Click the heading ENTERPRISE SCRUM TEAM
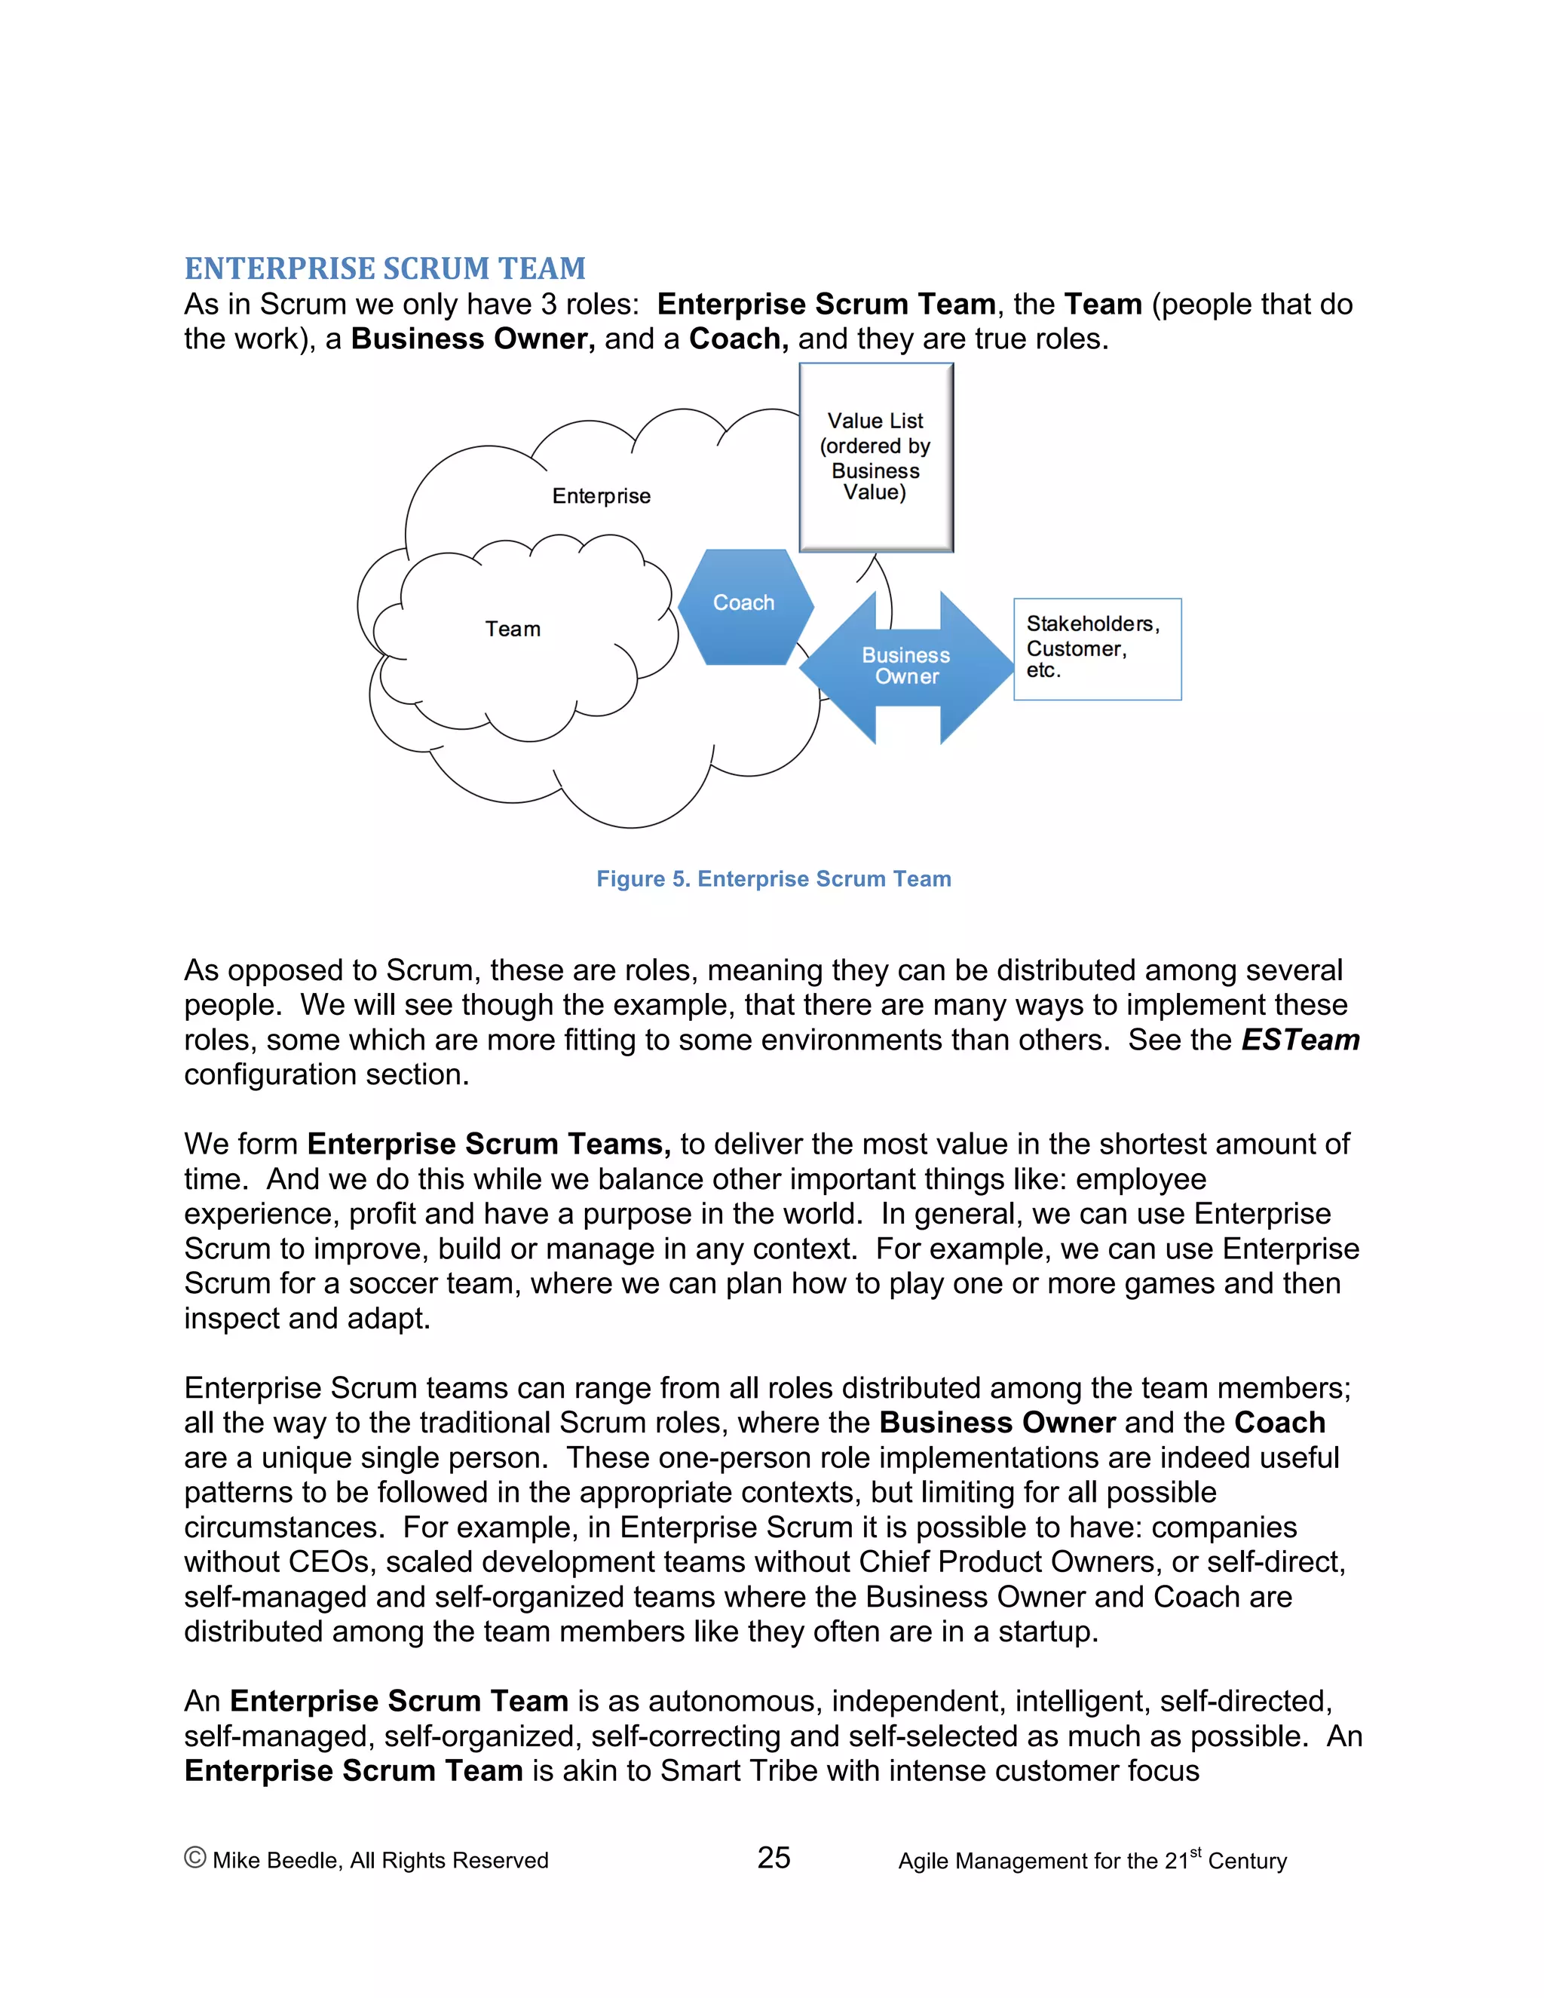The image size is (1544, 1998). (x=385, y=268)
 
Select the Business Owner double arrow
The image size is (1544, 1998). (x=905, y=666)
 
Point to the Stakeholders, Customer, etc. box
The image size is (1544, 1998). (x=1097, y=648)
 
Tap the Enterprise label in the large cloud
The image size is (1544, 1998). (x=601, y=496)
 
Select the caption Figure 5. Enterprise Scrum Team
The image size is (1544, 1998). (x=773, y=878)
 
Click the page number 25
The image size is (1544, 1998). (x=773, y=1857)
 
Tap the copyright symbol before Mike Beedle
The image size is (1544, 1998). (x=194, y=1857)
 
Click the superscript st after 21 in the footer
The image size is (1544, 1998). (x=1195, y=1851)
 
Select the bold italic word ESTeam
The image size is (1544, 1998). (x=1300, y=1040)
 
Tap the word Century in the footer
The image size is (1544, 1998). (x=1247, y=1861)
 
